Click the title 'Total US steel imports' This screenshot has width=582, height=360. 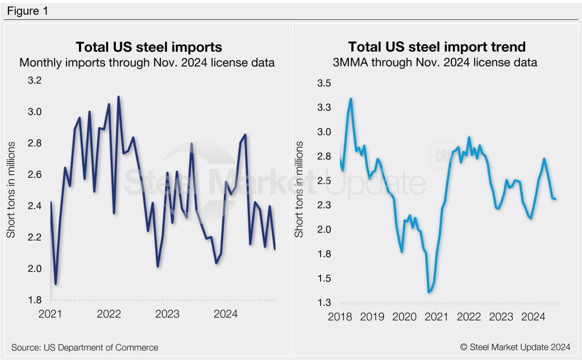(x=149, y=47)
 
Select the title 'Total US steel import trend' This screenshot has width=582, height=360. (x=436, y=47)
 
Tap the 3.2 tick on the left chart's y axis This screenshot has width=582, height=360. (x=35, y=81)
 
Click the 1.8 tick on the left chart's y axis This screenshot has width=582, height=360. (x=35, y=300)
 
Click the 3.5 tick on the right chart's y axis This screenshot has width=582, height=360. (x=323, y=83)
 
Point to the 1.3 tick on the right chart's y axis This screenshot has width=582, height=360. (x=323, y=303)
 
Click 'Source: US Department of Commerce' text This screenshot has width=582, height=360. (x=85, y=347)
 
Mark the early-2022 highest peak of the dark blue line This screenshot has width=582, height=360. (x=119, y=97)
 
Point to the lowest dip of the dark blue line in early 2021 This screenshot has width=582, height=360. (x=56, y=284)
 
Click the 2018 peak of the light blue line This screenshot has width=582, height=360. (x=351, y=99)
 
